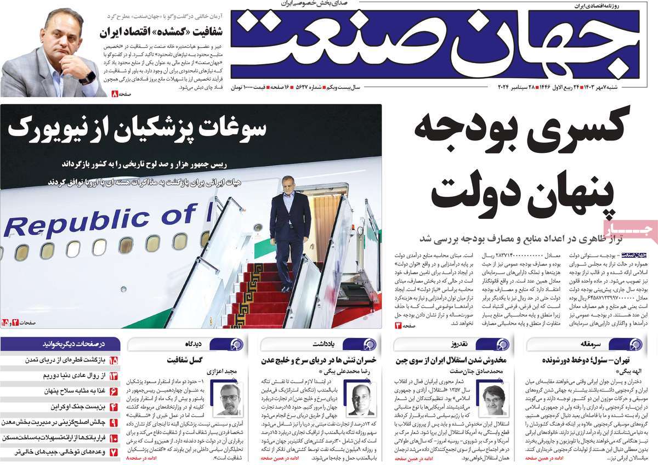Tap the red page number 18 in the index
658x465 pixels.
coord(114,361)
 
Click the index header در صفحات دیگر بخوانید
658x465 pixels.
coord(74,344)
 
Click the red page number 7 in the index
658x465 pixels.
coord(114,453)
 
